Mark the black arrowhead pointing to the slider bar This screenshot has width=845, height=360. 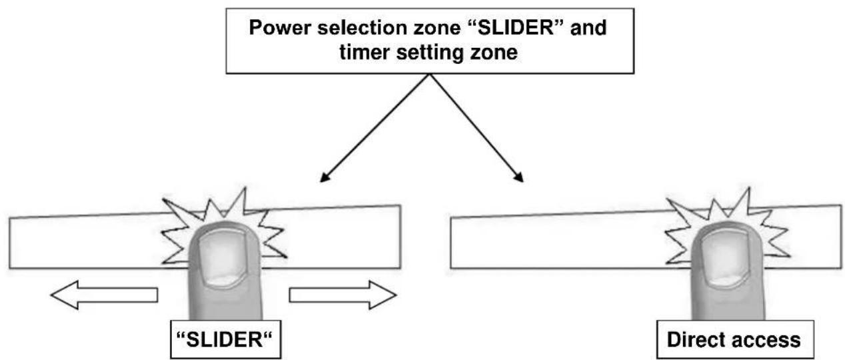click(325, 177)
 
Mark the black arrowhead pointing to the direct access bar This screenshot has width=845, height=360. click(518, 177)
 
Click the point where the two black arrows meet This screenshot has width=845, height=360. click(427, 74)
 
